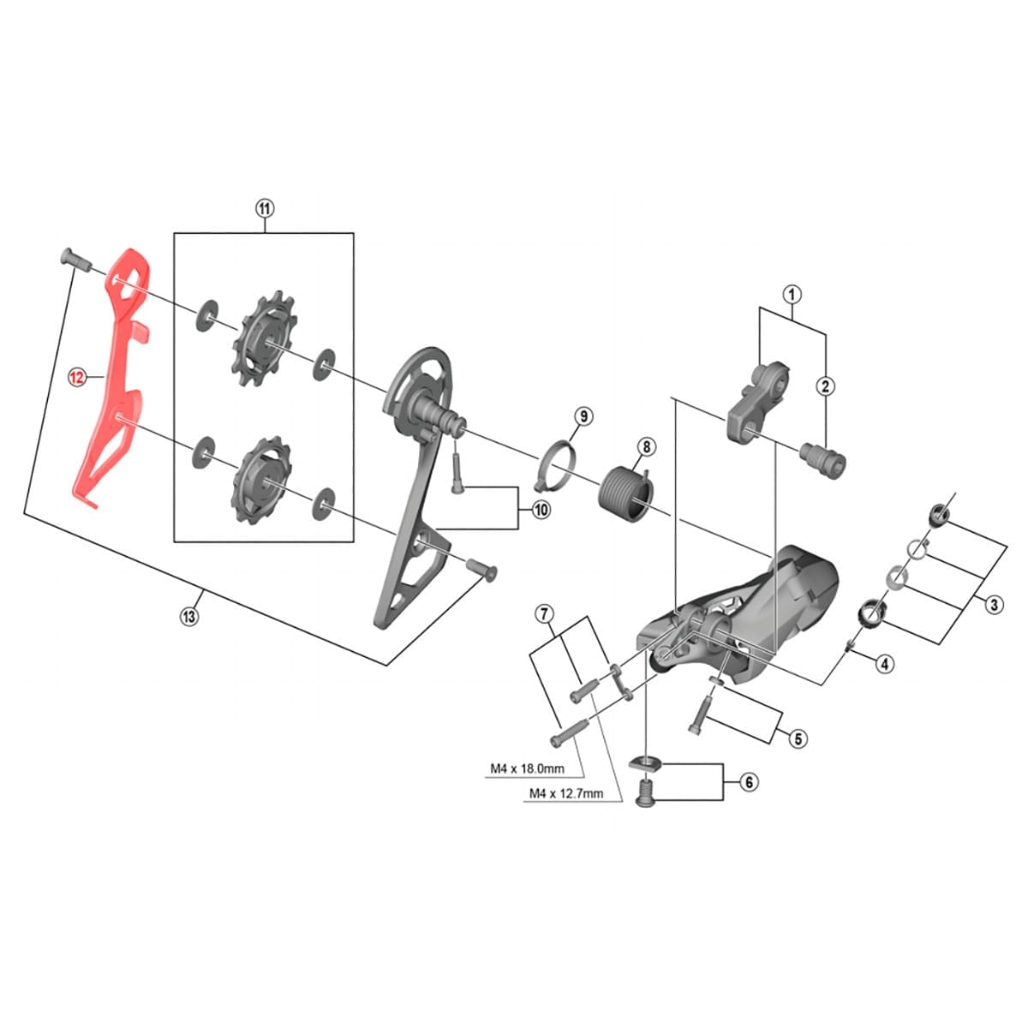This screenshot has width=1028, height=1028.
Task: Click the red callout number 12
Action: coord(77,376)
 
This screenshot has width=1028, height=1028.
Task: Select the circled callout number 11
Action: coord(264,208)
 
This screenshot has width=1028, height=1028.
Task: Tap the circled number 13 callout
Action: coord(188,616)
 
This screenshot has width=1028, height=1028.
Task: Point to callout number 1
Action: coord(792,294)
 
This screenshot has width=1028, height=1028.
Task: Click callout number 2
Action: coord(826,386)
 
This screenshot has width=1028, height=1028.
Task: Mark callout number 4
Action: coord(885,662)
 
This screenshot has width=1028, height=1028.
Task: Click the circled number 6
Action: coord(748,782)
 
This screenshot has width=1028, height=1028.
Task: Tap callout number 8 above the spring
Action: coord(645,447)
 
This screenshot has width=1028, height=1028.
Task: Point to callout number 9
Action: coord(582,416)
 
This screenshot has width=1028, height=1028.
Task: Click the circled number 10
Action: coord(541,510)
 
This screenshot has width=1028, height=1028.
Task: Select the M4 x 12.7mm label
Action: coord(565,793)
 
